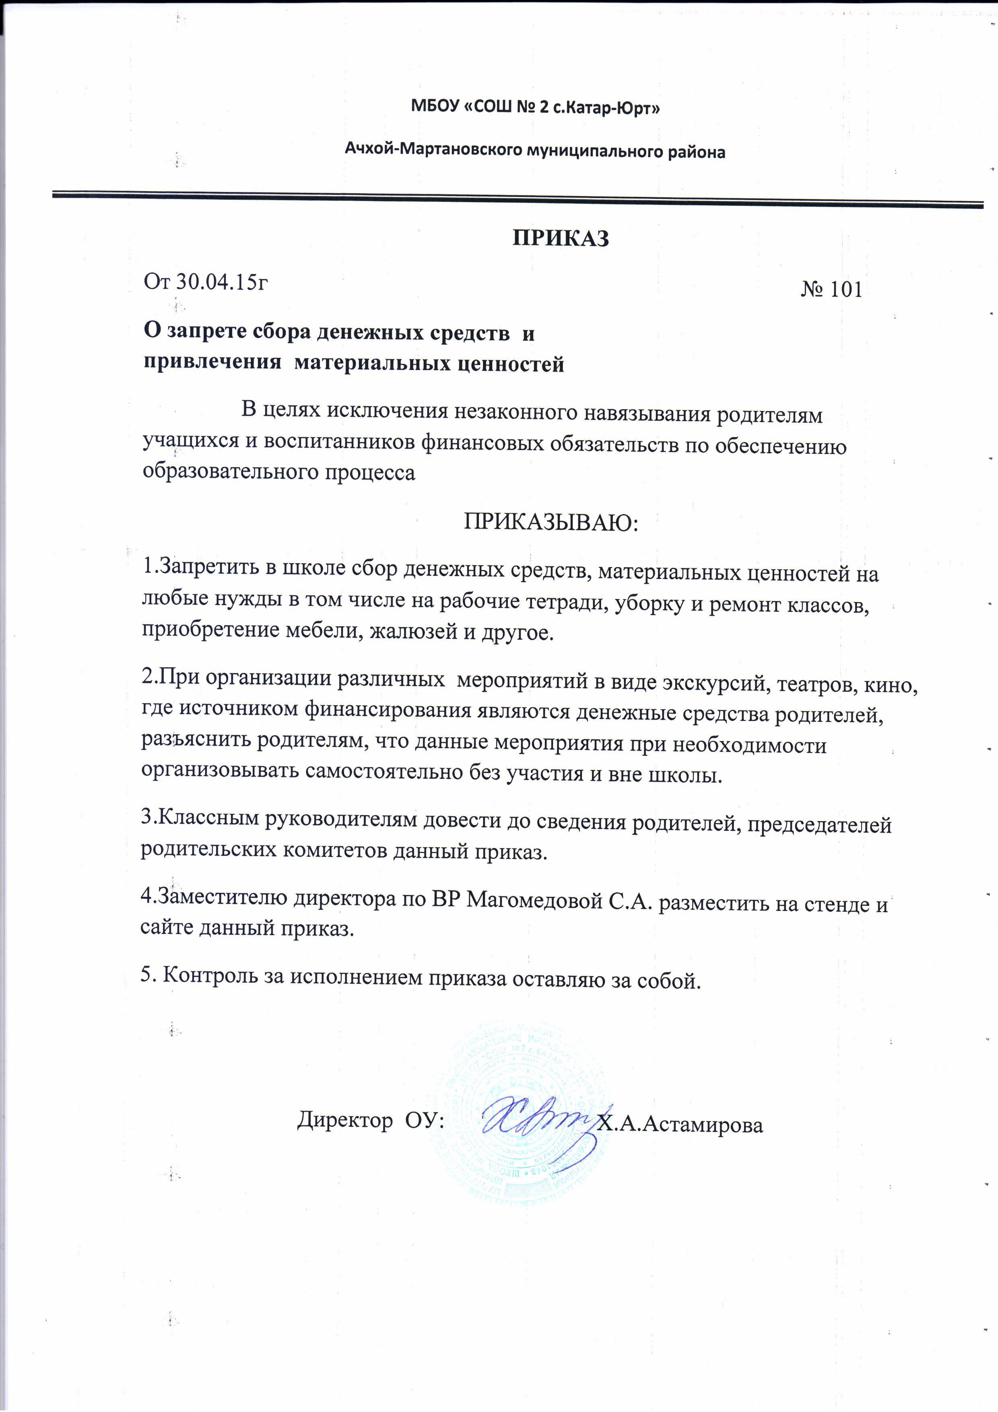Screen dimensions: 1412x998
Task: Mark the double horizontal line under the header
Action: [x=517, y=198]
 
